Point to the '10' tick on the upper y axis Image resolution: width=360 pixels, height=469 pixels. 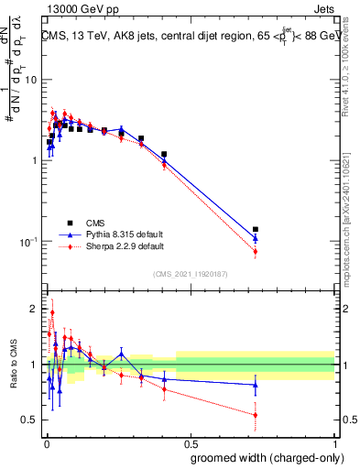pyautogui.click(x=30, y=80)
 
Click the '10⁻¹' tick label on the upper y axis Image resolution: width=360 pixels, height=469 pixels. pyautogui.click(x=27, y=242)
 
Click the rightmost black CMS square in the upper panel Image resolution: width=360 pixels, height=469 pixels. pyautogui.click(x=256, y=229)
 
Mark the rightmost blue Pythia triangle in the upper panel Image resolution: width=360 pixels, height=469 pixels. pyautogui.click(x=256, y=238)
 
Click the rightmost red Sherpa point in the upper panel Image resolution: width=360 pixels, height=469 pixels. pyautogui.click(x=256, y=252)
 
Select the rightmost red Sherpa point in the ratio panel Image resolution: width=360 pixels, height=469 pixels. pyautogui.click(x=256, y=415)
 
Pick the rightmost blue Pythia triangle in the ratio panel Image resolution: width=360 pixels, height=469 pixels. pyautogui.click(x=256, y=385)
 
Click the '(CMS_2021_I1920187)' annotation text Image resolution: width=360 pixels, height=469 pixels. pyautogui.click(x=190, y=274)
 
